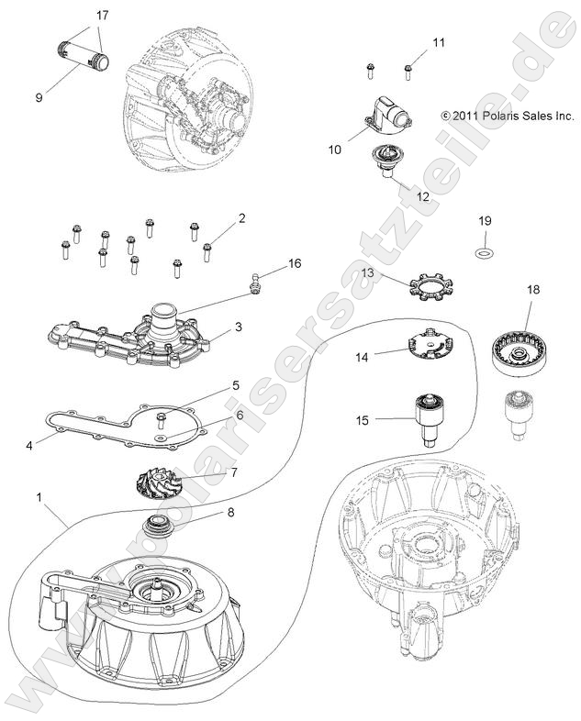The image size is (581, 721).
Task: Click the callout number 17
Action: (102, 16)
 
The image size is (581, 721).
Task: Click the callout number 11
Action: (438, 42)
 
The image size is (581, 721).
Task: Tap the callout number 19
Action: (484, 220)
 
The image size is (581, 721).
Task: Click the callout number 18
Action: (532, 290)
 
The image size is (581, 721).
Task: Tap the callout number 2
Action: (241, 218)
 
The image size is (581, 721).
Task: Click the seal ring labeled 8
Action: (171, 528)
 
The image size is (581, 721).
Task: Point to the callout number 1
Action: (39, 496)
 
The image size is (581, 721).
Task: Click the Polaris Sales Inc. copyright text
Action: (507, 116)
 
